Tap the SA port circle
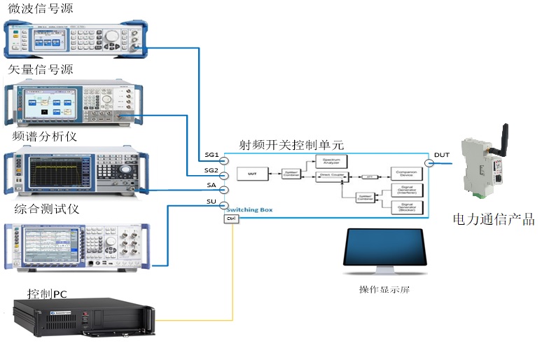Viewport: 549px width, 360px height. tap(224, 190)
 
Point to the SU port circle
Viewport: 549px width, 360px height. tap(224, 205)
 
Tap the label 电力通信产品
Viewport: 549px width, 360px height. tap(493, 220)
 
